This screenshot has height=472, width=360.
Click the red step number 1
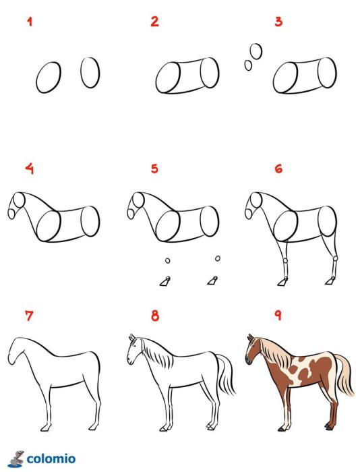tap(30, 22)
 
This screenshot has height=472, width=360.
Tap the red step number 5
tap(154, 169)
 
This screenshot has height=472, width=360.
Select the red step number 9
tap(278, 315)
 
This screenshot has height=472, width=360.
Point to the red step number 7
tap(29, 316)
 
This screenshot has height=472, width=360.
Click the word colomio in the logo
tap(51, 459)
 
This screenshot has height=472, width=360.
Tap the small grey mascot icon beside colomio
tap(17, 459)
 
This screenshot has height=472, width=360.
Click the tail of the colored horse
tap(344, 374)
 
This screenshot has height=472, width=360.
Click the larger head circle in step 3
tap(256, 51)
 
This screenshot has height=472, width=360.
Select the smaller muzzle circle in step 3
tap(248, 65)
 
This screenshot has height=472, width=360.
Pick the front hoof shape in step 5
tap(165, 281)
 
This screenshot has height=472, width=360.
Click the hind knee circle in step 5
tap(217, 258)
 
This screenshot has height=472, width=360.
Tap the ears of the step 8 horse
tap(132, 337)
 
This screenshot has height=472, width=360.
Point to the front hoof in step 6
tap(282, 282)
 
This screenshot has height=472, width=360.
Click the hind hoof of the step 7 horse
tap(93, 427)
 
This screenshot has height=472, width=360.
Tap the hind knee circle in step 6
tap(335, 258)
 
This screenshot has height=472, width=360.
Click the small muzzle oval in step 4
tap(11, 214)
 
